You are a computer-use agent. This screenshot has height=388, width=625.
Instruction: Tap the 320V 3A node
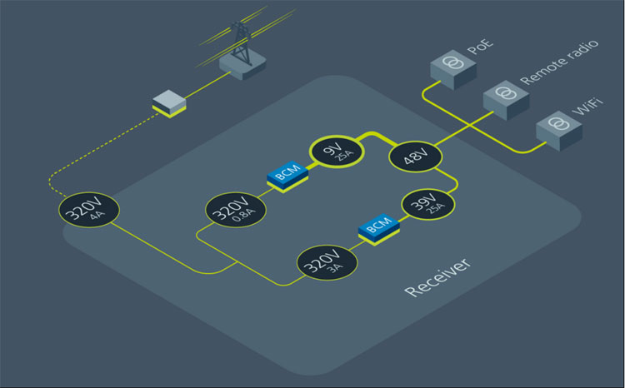coord(327,264)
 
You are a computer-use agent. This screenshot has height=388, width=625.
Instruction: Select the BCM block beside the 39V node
coord(379,227)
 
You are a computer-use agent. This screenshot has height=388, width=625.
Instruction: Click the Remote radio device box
coord(505,97)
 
